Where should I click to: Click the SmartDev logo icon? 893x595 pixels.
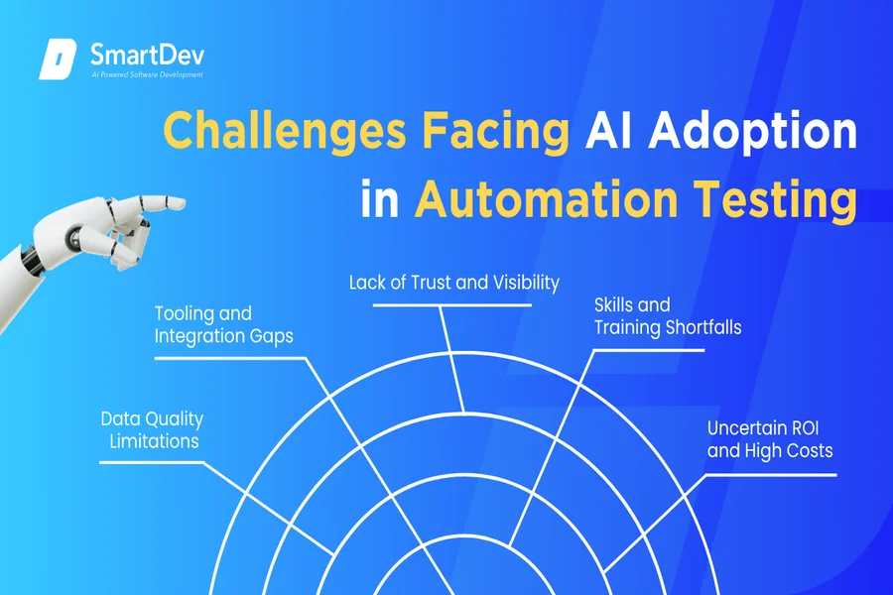pyautogui.click(x=58, y=59)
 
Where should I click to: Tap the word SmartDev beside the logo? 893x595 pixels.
pyautogui.click(x=147, y=56)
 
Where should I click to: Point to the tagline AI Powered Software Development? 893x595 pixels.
pyautogui.click(x=148, y=74)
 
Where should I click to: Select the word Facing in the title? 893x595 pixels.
pyautogui.click(x=495, y=132)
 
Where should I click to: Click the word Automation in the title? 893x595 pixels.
pyautogui.click(x=546, y=199)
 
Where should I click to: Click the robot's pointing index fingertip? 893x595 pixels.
pyautogui.click(x=182, y=202)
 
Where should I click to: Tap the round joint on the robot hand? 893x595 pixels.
pyautogui.click(x=73, y=237)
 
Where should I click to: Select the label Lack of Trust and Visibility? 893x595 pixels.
pyautogui.click(x=453, y=283)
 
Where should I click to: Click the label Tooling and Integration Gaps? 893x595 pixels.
pyautogui.click(x=224, y=324)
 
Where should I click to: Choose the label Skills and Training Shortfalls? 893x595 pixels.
pyautogui.click(x=668, y=316)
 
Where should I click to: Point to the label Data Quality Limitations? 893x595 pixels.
pyautogui.click(x=152, y=429)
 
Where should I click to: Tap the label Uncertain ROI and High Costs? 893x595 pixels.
pyautogui.click(x=770, y=439)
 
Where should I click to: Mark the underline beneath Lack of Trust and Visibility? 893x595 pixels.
pyautogui.click(x=452, y=305)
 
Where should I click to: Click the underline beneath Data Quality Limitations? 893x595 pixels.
pyautogui.click(x=152, y=462)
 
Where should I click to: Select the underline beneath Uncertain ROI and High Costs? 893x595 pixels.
pyautogui.click(x=771, y=475)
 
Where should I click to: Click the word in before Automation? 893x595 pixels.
pyautogui.click(x=380, y=199)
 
